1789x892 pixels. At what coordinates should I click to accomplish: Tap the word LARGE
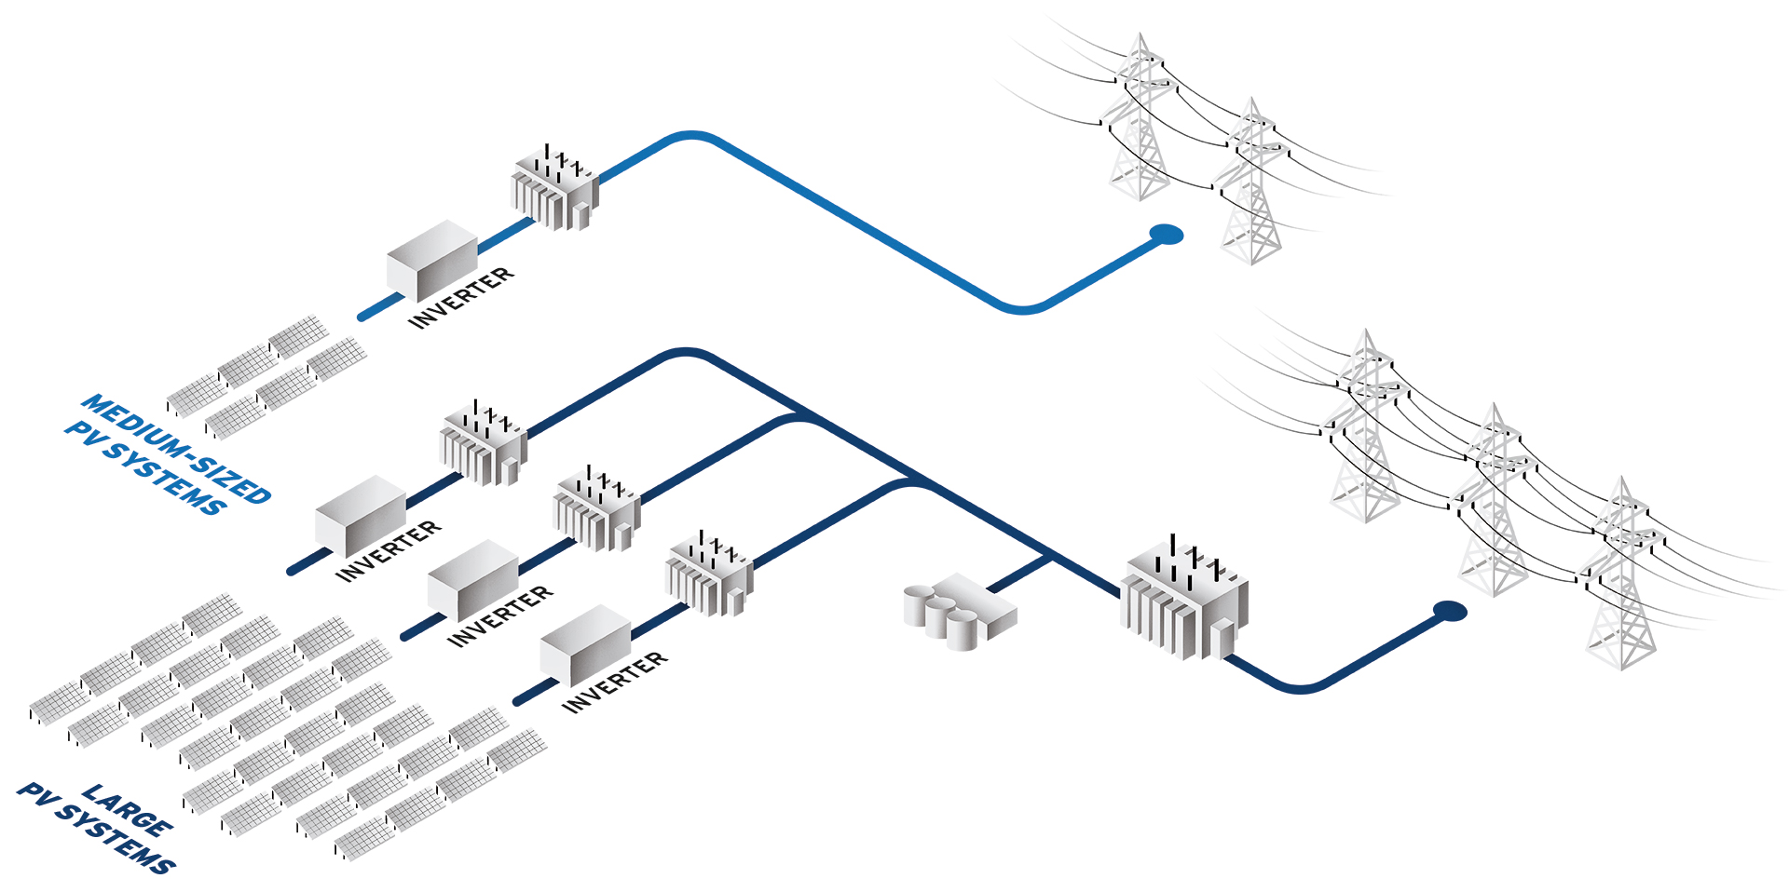(127, 809)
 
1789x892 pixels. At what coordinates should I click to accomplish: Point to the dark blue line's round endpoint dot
(1449, 611)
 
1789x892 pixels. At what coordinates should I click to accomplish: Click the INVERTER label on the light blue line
(461, 297)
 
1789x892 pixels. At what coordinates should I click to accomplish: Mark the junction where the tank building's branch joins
(1051, 559)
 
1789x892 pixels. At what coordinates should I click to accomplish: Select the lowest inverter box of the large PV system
(585, 643)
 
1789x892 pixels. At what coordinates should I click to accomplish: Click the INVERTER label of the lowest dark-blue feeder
(614, 682)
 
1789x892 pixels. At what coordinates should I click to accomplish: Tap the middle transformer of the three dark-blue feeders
(596, 509)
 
